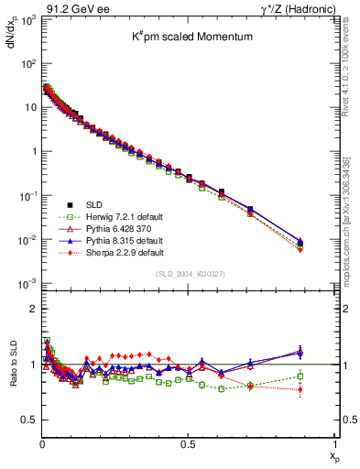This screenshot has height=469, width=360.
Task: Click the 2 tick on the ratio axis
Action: pyautogui.click(x=32, y=310)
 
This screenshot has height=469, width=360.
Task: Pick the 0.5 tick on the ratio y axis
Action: pyautogui.click(x=28, y=420)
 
